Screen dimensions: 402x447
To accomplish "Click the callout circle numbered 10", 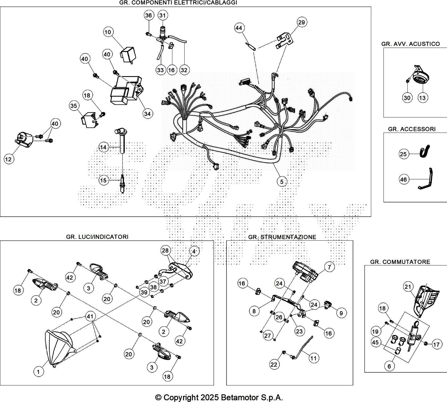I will pos(108,32).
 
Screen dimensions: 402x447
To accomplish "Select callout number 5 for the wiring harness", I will pos(282,181).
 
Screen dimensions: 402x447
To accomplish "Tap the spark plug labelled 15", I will pos(123,184).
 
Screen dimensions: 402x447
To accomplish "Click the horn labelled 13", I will pos(420,78).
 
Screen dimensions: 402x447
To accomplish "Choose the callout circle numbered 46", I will pos(403,179).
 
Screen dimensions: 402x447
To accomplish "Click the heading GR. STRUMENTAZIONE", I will pos(282,237).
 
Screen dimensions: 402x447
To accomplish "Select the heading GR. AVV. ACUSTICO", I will pos(411,44).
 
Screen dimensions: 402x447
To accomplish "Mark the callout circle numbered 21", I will pos(408,287).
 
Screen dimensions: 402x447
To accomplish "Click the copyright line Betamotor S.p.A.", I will pos(219,397).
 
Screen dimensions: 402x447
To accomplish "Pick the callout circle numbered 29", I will pos(301,22).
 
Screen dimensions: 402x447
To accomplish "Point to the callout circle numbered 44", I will pos(239,28).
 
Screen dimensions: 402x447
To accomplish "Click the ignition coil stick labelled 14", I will pos(123,141).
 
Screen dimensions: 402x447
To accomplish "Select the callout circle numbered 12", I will pos(9,159).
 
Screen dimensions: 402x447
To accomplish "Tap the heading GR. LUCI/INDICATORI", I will pos(97,237).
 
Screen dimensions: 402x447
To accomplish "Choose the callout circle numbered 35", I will pos(74,106).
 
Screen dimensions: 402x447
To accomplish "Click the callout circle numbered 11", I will pos(313,358).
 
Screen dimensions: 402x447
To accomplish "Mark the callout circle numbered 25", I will pos(403,154).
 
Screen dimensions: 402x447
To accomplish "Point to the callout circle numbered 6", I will pos(389,366).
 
